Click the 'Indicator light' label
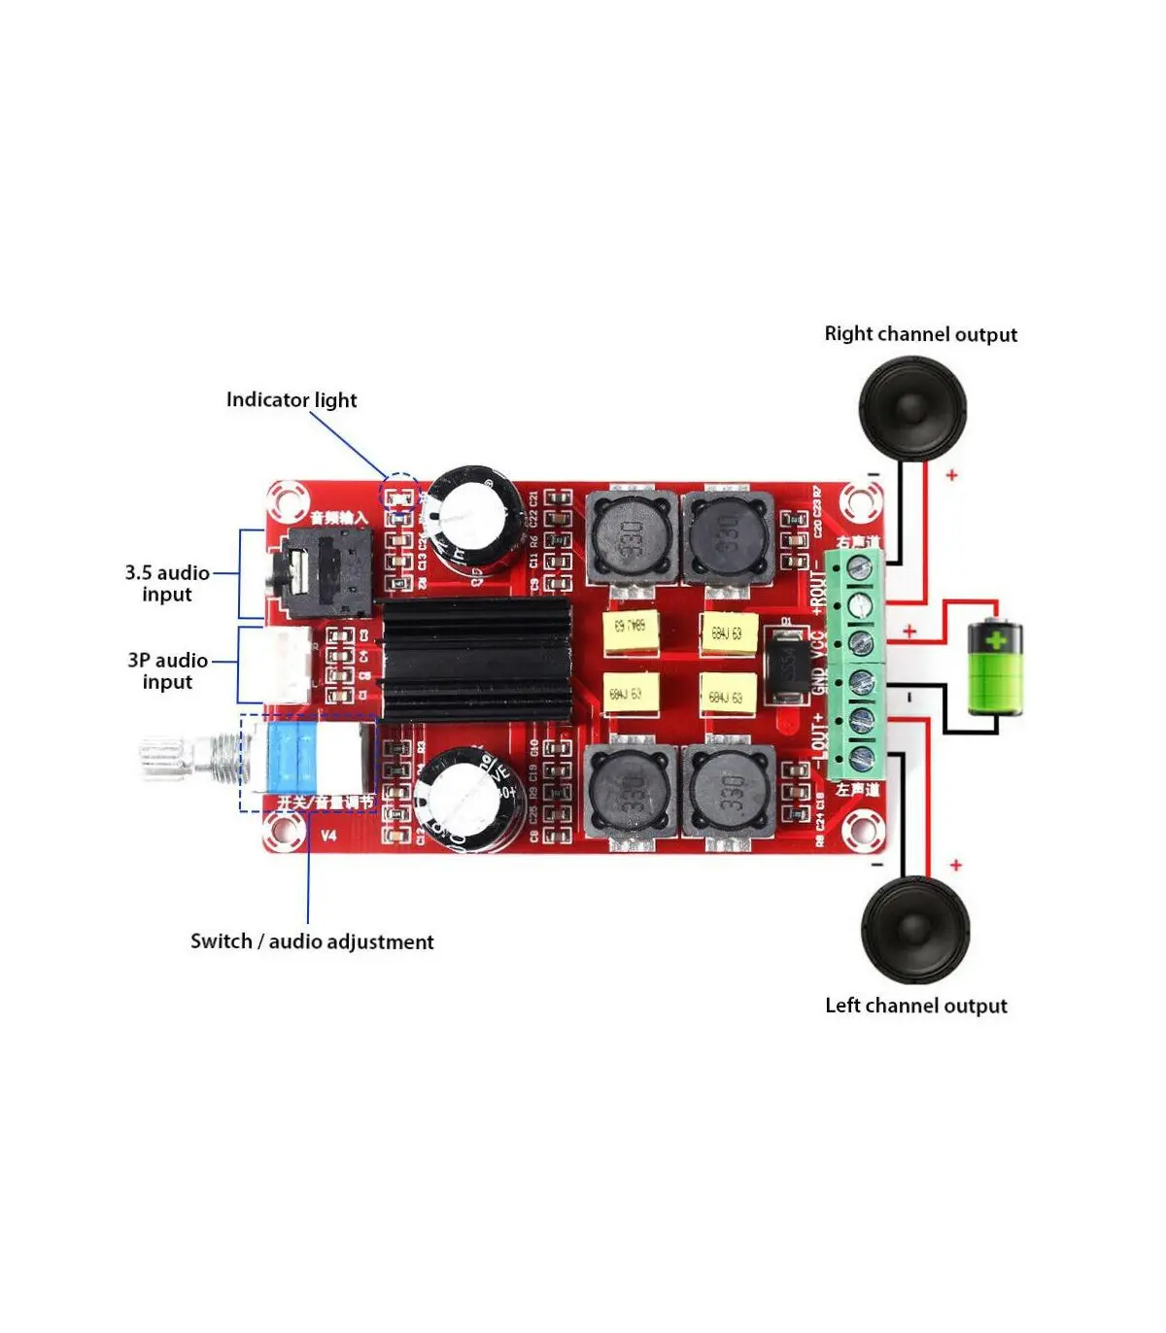pos(291,400)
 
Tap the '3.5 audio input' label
pos(167,584)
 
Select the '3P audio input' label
pos(167,671)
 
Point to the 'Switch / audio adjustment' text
pos(312,941)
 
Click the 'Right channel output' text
pos(920,334)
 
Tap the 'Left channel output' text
pos(915,1006)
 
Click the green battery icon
pos(996,668)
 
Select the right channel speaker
pos(911,408)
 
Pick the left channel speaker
pos(915,930)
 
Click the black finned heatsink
pos(476,660)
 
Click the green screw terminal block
pos(857,663)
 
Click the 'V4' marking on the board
pos(328,836)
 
